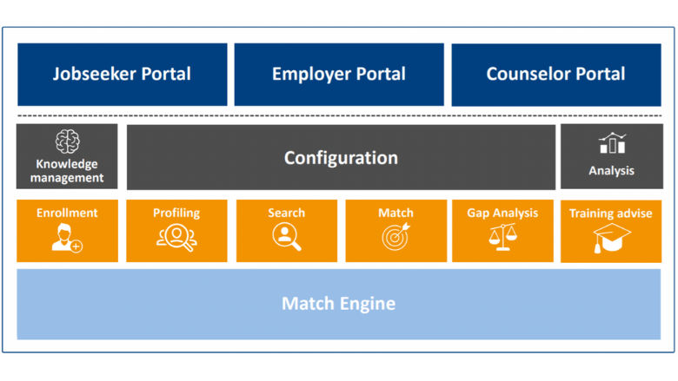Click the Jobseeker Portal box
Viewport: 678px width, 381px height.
[122, 74]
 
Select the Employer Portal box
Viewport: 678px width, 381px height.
[338, 74]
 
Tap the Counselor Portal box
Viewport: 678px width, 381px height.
[555, 74]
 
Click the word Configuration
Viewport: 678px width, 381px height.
[341, 158]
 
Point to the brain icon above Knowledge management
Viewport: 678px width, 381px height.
[67, 141]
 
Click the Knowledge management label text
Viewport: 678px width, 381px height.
[67, 171]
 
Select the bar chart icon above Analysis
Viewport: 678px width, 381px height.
[612, 144]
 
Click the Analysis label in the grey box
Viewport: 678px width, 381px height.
[612, 171]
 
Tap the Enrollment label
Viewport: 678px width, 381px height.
[67, 213]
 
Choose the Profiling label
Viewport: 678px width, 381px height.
[176, 213]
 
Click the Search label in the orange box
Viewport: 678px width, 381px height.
[286, 213]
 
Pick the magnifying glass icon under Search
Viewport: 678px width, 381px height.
[286, 237]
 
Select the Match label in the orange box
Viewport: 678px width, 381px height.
[395, 213]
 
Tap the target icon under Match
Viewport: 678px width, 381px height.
[395, 237]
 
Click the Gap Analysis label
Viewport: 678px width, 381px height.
[502, 213]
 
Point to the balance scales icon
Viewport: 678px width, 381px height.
[502, 237]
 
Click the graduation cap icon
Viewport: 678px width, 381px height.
[612, 238]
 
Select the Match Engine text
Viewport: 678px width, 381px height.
[338, 304]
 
